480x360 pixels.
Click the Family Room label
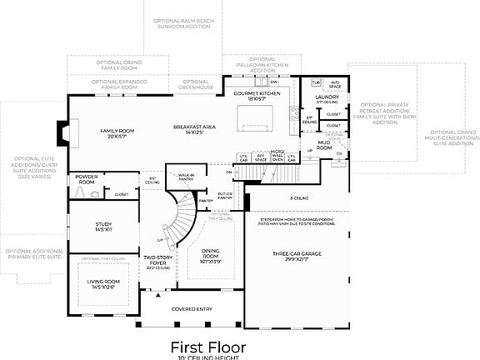click(x=117, y=133)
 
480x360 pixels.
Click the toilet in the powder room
click(x=80, y=193)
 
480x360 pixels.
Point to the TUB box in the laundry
click(x=316, y=82)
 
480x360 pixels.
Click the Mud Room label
click(x=326, y=146)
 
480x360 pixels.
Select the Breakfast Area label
click(x=195, y=128)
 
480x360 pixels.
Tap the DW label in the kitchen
click(x=272, y=82)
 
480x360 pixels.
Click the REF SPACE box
click(x=261, y=157)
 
